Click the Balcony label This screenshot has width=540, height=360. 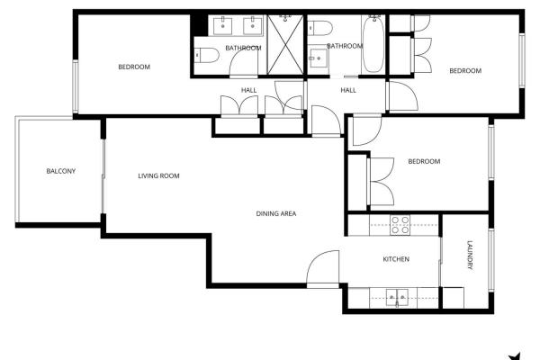coord(61,171)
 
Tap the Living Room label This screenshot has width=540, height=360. coord(158,175)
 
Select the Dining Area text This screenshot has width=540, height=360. coord(276,213)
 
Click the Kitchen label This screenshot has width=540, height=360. coord(396,259)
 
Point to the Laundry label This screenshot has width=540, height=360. coord(470,255)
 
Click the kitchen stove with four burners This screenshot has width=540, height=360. coord(400,225)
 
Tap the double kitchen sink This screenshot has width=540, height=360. coord(397,298)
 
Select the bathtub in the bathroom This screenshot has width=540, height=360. coord(373,44)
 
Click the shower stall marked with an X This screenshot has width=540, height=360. coord(285,44)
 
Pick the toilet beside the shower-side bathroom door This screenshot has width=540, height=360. coord(206,55)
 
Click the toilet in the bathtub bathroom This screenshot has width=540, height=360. coord(319,28)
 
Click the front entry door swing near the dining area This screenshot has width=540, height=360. coord(323,269)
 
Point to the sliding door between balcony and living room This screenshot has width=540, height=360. coord(103,176)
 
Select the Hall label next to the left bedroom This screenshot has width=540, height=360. coord(248,90)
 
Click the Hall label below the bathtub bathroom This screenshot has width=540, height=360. coord(348,90)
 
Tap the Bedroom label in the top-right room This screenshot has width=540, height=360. coord(465,70)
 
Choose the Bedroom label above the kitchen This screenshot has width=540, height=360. coord(424,161)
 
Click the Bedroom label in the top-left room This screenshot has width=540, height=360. coord(134,67)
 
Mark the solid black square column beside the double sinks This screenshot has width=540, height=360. coord(199,25)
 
